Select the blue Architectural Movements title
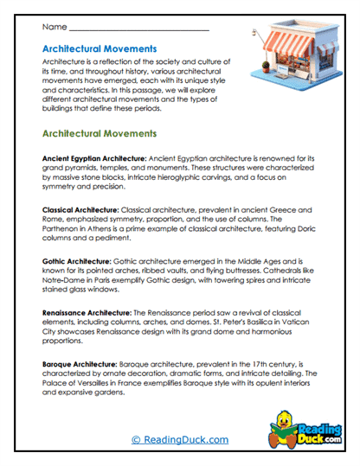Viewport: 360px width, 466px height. (x=100, y=49)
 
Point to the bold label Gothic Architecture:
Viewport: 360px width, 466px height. (x=76, y=259)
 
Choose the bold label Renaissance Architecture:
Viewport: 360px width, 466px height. (x=86, y=309)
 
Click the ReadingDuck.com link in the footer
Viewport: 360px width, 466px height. (x=180, y=440)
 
